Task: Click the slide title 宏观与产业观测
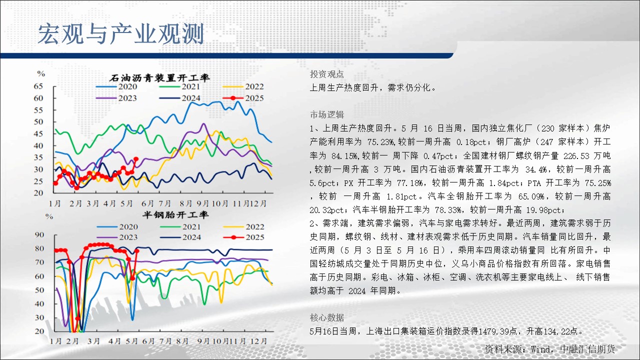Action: tap(121, 34)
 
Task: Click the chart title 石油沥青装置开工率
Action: tap(160, 78)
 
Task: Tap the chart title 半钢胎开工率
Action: tap(175, 215)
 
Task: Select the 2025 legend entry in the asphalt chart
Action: tap(243, 98)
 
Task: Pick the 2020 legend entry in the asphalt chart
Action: tap(116, 86)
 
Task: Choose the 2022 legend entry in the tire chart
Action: tap(243, 227)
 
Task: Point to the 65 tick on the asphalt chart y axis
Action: tap(38, 86)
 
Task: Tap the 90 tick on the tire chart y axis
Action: tap(39, 235)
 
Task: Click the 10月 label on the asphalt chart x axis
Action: tap(220, 203)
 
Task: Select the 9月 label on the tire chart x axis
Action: tap(203, 341)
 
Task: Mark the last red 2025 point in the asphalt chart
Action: tap(136, 159)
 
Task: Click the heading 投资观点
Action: tap(327, 74)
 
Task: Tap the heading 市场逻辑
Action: tap(327, 114)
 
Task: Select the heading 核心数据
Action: tap(327, 317)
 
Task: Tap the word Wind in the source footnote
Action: tap(540, 349)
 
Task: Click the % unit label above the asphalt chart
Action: tap(41, 73)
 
